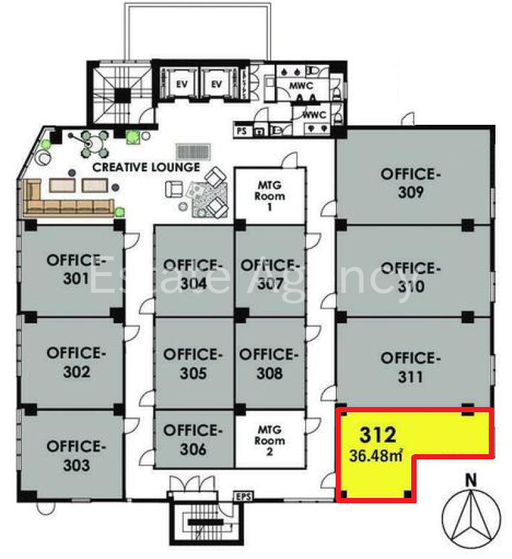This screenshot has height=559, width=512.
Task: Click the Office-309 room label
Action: [411, 183]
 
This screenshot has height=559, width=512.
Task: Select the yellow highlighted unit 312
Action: [377, 463]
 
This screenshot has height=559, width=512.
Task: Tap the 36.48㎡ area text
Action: [376, 456]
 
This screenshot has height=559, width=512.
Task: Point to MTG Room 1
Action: [269, 196]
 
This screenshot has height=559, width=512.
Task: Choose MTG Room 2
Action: [269, 441]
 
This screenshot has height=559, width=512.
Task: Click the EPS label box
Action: [243, 496]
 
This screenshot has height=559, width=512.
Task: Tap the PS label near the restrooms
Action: [242, 131]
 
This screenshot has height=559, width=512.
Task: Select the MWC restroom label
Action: [301, 86]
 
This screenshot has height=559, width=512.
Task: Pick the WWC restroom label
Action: [314, 115]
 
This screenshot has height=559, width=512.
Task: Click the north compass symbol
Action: [471, 519]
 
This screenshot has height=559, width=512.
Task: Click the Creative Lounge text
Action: [146, 167]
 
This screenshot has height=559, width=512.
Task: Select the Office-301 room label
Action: [76, 269]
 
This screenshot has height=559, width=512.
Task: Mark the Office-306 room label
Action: [192, 439]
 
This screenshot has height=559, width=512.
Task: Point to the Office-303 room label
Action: [76, 455]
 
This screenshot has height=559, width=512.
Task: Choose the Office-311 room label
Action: [411, 368]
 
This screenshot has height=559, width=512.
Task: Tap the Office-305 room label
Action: [192, 364]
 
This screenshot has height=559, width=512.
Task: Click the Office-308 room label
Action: [269, 364]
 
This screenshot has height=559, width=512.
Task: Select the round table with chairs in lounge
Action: [89, 143]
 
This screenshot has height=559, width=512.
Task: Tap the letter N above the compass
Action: [471, 480]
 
